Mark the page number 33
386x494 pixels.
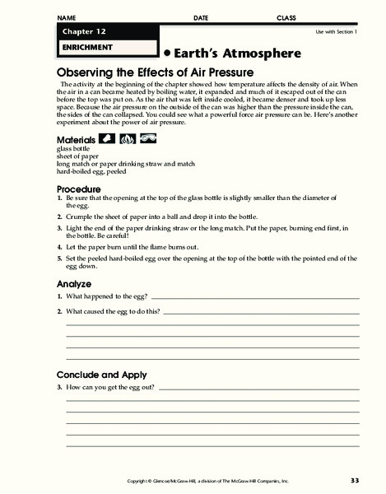pyautogui.click(x=355, y=480)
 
